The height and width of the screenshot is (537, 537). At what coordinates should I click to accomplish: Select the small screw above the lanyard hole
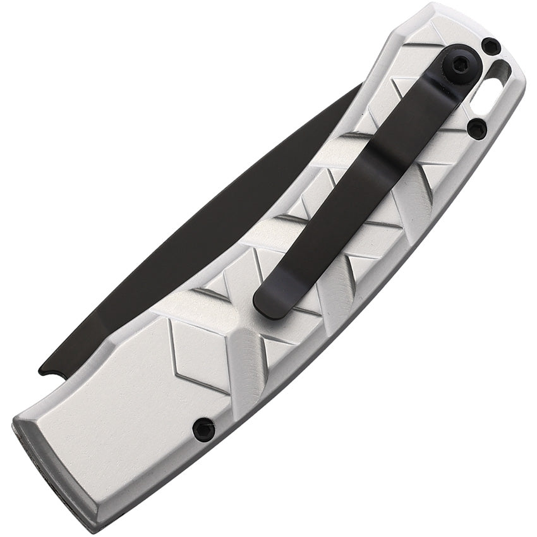coord(490,46)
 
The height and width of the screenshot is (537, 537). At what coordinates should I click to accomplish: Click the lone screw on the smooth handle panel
coord(203,430)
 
